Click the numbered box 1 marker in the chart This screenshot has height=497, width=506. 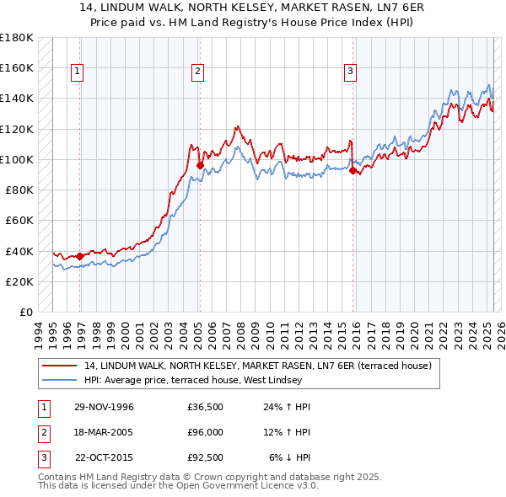point(77,72)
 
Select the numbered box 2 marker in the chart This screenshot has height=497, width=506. point(196,72)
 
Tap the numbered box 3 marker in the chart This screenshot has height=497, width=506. point(349,72)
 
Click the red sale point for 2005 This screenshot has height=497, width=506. point(200,166)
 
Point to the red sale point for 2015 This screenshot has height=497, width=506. point(353,171)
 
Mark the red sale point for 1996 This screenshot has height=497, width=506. point(80,256)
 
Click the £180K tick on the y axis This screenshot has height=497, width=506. point(17,37)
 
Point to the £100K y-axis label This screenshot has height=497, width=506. point(17,159)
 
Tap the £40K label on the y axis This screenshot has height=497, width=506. point(19,251)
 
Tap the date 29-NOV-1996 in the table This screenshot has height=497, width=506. point(104,407)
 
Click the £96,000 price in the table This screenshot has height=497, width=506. point(206,432)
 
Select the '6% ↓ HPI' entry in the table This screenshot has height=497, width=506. point(289,457)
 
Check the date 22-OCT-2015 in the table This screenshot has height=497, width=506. point(105,457)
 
